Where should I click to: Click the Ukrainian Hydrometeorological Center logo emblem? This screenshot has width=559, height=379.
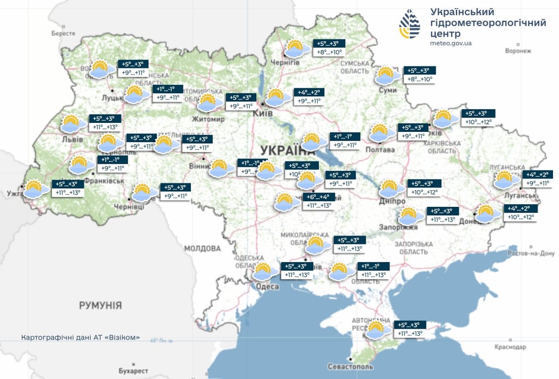coord(410,24)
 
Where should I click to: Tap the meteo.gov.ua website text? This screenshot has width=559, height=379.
coord(450,43)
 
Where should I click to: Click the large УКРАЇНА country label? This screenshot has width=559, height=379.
coord(287,150)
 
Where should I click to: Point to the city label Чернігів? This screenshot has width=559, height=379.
coord(285,62)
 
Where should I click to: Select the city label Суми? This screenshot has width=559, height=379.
coord(388,90)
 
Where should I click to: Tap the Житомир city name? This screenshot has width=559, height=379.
coord(210,119)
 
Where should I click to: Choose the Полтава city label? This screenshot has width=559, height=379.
coord(380,150)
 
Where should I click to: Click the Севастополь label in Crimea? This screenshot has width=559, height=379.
coord(350,367)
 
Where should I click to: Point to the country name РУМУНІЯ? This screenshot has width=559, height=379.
coord(100,305)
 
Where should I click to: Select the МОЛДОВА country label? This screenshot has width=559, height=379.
coord(202,248)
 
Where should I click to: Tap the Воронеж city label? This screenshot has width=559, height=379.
coord(518,51)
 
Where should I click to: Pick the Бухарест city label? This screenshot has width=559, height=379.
coord(133,370)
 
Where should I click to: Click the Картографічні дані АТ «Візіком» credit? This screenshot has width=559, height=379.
coord(81,338)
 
